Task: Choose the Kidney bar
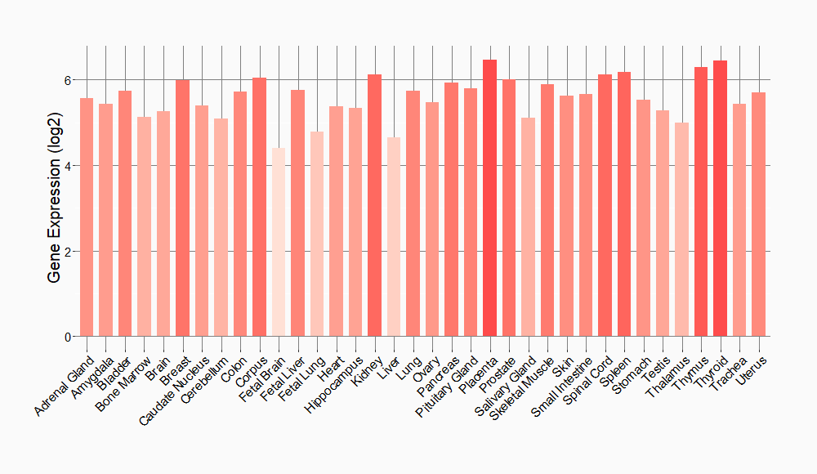point(374,205)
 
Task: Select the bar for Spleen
point(624,203)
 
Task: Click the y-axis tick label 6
point(69,80)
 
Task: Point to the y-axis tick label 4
point(69,166)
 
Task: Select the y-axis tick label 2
point(69,251)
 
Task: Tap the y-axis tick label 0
point(69,337)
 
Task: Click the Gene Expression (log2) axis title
point(54,208)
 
